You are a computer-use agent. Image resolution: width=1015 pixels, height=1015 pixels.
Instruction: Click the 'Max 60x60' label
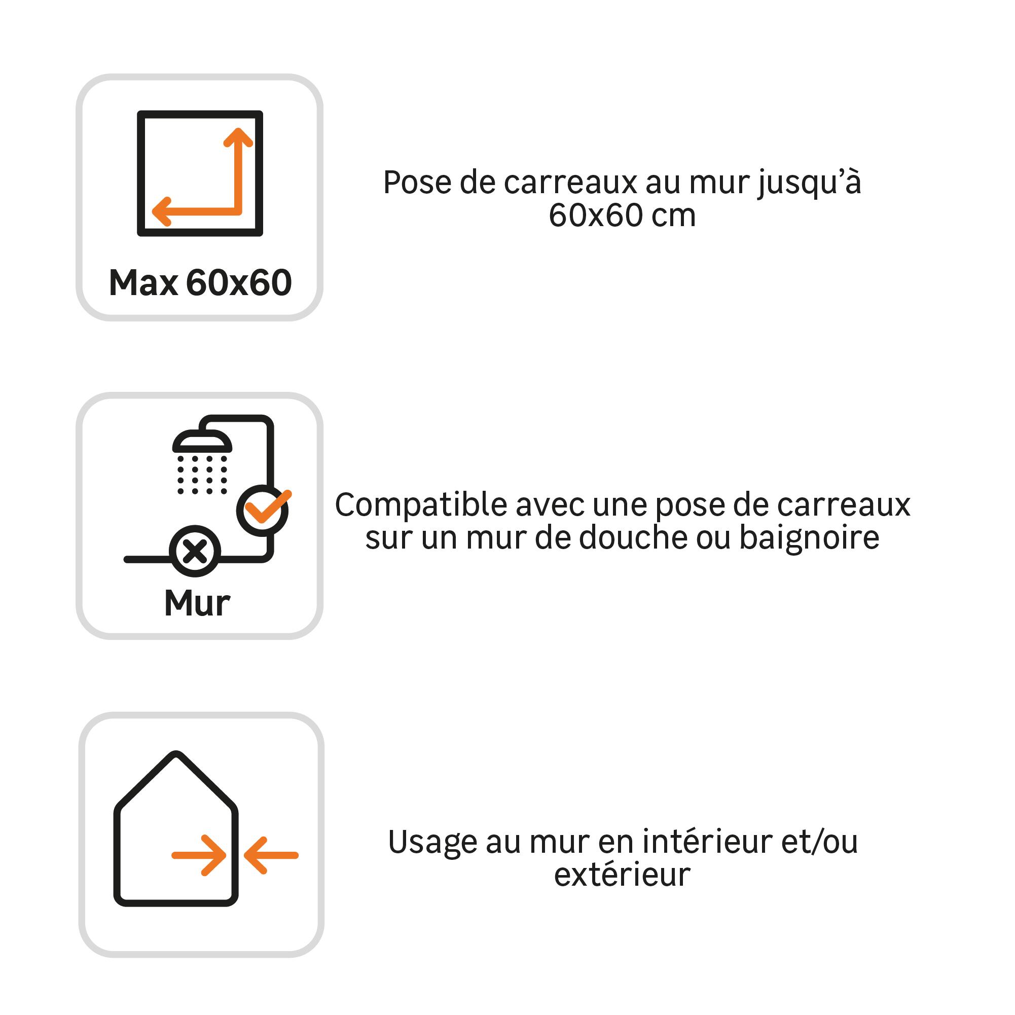click(200, 282)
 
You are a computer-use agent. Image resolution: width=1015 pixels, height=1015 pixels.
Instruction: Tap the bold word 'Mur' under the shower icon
click(197, 603)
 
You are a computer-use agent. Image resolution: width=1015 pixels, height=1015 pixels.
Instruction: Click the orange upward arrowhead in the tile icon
click(238, 137)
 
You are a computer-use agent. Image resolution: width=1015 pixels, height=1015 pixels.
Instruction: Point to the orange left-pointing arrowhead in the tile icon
click(161, 212)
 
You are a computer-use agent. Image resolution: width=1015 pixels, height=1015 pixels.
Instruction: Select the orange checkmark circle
click(262, 510)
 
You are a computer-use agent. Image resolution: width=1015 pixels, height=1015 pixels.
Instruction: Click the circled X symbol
click(195, 552)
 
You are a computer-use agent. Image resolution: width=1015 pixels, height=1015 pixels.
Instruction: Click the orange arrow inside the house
click(199, 855)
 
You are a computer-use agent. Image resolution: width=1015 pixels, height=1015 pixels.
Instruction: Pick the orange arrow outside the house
click(271, 855)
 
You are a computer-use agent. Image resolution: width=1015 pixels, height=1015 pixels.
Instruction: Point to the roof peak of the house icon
click(176, 754)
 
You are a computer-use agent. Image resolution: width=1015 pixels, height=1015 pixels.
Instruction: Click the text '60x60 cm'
click(622, 215)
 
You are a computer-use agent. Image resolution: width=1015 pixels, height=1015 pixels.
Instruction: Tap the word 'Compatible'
click(422, 506)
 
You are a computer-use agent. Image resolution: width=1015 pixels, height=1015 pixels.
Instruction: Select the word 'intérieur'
click(707, 841)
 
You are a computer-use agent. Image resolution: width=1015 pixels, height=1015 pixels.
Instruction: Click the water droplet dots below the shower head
click(202, 475)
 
